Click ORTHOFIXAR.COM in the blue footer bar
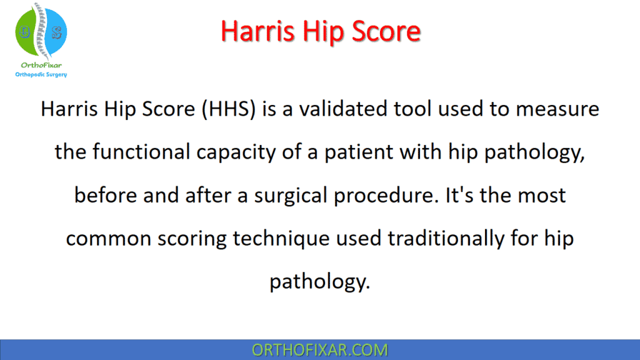point(319,349)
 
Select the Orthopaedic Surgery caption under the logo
point(41,74)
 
